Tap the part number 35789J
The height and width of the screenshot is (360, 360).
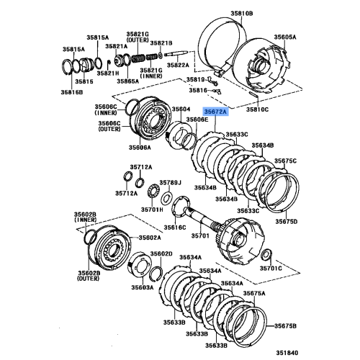tap(170, 183)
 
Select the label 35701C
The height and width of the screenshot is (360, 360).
tap(271, 268)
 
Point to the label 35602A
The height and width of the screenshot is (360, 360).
tap(150, 238)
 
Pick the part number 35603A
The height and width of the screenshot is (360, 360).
tap(142, 286)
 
